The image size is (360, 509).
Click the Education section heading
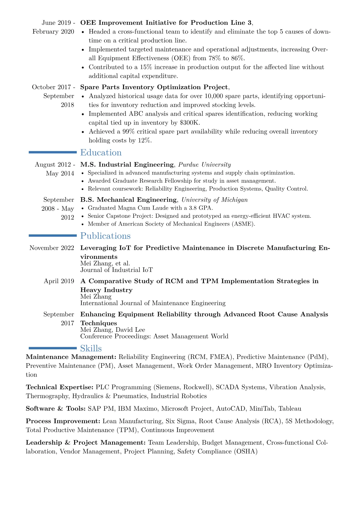click(x=101, y=152)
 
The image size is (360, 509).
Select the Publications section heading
click(x=105, y=236)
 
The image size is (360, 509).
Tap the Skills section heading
click(x=91, y=348)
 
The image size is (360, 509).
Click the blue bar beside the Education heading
click(x=53, y=152)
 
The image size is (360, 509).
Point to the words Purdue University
click(x=205, y=165)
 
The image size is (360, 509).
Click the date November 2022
click(x=52, y=248)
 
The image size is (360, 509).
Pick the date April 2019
click(x=59, y=281)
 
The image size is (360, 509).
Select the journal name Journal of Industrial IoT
click(x=116, y=270)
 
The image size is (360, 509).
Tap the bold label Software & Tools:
click(x=56, y=409)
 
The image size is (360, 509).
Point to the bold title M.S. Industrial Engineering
click(x=127, y=165)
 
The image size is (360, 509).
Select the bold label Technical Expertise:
click(x=60, y=387)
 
